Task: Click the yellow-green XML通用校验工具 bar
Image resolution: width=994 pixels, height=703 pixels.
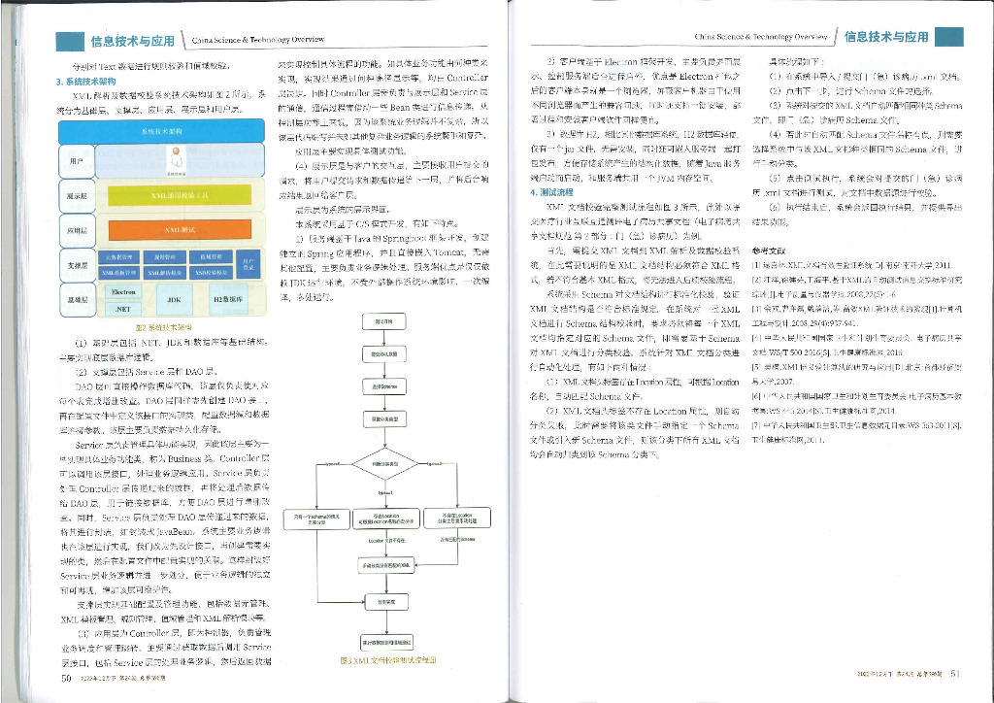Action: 176,194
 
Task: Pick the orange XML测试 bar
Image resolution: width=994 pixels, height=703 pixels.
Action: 176,230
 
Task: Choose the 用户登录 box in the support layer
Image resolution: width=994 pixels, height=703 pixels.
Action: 248,265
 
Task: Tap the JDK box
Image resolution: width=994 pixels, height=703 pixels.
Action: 175,300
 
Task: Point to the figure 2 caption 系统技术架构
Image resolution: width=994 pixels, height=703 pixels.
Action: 161,327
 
